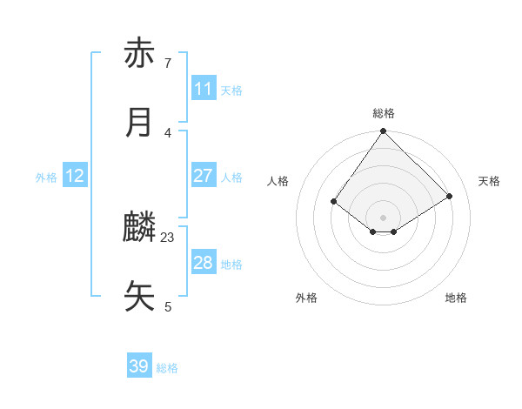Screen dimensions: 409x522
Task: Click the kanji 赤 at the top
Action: tap(140, 54)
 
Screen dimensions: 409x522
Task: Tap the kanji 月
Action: tap(140, 123)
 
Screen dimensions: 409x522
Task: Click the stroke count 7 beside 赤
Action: tap(167, 64)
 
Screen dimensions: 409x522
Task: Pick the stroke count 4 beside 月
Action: tap(167, 132)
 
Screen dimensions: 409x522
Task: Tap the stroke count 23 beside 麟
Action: tap(168, 237)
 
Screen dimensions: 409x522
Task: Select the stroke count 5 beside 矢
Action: tap(167, 306)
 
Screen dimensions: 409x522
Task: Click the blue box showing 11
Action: tap(204, 89)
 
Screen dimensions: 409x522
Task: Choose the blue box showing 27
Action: tap(204, 176)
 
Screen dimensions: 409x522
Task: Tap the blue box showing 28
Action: tap(204, 263)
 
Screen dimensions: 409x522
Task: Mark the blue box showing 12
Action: tap(75, 176)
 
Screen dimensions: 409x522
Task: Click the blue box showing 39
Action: tap(139, 366)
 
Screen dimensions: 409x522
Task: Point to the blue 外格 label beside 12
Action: tap(46, 178)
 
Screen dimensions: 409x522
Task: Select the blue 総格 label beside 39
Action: tap(167, 368)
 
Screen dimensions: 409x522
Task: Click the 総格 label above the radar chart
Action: tap(384, 113)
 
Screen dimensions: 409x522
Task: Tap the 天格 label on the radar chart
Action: tap(489, 181)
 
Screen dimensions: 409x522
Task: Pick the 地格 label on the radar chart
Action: tap(456, 298)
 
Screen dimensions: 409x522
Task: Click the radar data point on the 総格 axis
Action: tap(384, 132)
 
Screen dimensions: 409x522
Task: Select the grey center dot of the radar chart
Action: tap(384, 217)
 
